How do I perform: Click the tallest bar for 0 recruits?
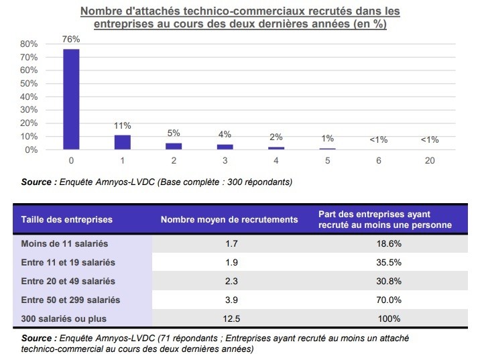point(71,99)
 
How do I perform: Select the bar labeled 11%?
point(122,142)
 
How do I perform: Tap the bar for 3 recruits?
point(225,147)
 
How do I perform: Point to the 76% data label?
point(71,39)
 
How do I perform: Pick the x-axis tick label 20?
point(430,162)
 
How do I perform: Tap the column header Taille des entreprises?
point(67,219)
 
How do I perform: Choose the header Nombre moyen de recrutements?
point(229,219)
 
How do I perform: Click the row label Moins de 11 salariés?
point(64,243)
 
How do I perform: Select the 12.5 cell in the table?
point(229,318)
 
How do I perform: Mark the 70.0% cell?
point(389,300)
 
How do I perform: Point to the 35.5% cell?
point(389,262)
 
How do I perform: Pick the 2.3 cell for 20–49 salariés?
point(229,281)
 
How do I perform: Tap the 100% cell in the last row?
point(389,318)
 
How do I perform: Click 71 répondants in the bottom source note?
point(186,339)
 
